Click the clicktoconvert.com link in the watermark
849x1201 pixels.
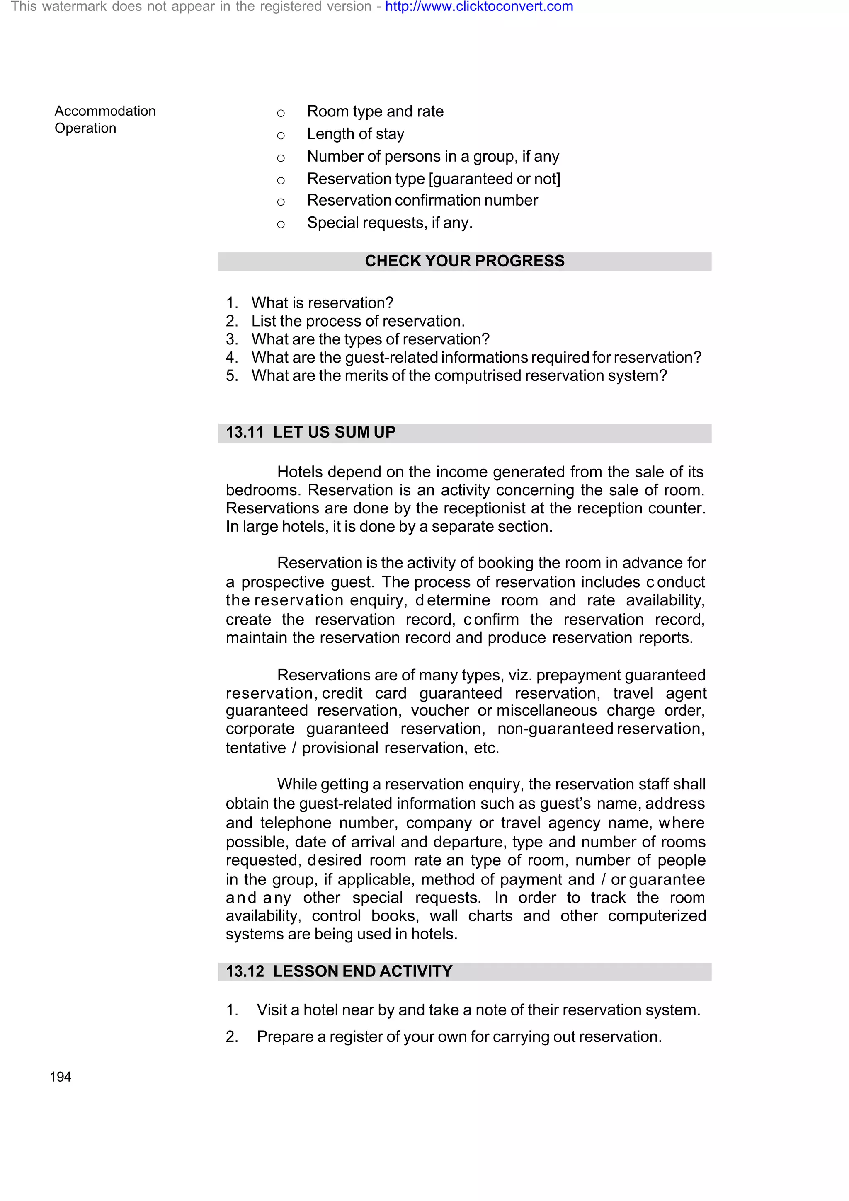479,7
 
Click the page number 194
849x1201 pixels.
60,1077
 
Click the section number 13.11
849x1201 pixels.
244,432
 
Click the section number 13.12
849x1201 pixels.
244,971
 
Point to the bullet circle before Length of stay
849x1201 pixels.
281,136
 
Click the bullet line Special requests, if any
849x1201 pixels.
389,223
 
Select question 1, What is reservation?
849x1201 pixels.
322,303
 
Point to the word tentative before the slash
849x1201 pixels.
255,748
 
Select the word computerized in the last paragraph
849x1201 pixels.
657,915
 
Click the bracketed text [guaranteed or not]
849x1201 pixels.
494,179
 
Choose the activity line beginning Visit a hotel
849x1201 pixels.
478,1010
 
